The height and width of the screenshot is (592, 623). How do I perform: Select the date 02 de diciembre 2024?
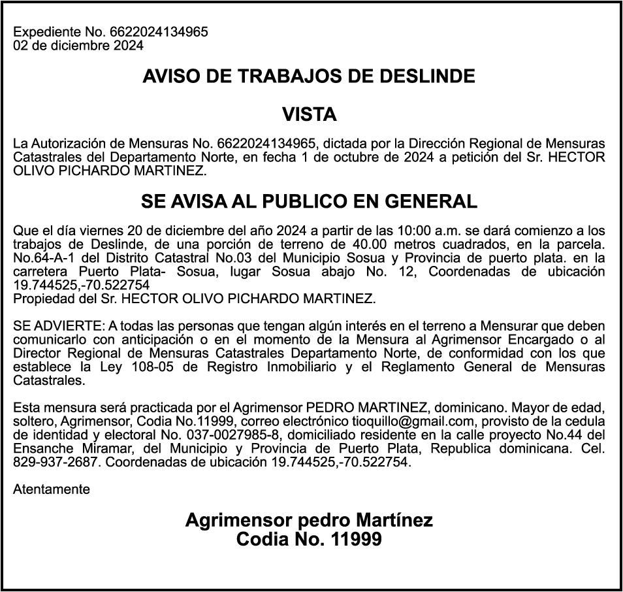[x=78, y=45]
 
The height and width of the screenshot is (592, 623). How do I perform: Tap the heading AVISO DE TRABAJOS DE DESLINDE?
[x=309, y=76]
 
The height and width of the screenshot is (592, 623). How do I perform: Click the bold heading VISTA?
[x=310, y=115]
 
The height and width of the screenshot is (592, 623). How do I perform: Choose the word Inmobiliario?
[x=306, y=367]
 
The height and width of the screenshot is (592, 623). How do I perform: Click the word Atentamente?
[x=52, y=489]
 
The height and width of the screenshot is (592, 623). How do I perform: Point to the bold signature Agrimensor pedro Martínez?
[x=309, y=520]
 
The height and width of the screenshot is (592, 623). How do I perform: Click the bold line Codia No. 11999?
[x=309, y=540]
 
